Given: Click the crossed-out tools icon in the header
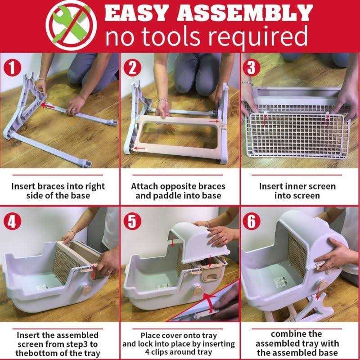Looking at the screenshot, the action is pos(71,25).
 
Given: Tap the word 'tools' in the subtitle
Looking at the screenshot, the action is pos(171,36).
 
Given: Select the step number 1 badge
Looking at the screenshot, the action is pos(13,67).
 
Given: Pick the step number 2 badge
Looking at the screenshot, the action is pos(132,67).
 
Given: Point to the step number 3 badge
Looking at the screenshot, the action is pos(252,67).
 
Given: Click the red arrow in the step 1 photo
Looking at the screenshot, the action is pos(48,106).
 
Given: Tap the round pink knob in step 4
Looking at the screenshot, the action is pos(87,290).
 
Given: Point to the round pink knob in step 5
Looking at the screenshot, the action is pos(197,291).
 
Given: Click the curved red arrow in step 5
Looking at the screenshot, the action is pos(210,301).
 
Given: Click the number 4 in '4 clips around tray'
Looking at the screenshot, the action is pos(147,352).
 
